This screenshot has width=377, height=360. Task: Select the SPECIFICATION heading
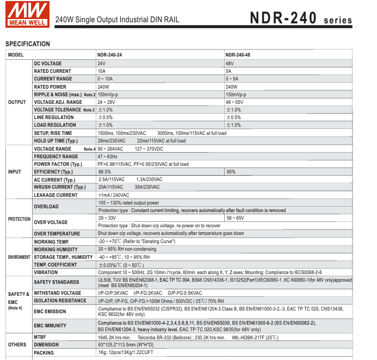27,44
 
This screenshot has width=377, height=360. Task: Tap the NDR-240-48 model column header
238,55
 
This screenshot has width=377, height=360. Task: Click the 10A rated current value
101,71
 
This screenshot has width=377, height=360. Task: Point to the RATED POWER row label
50,87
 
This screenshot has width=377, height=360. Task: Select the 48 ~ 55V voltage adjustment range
235,102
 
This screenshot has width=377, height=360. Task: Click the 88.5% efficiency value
104,172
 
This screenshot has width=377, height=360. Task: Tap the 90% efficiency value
231,172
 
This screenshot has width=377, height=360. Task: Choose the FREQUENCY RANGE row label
55,157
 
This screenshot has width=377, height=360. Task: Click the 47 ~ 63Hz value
108,157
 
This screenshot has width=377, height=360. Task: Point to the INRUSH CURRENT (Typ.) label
60,187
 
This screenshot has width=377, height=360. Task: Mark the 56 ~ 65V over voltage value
235,218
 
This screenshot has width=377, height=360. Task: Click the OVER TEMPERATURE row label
57,234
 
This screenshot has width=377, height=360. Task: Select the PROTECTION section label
19,219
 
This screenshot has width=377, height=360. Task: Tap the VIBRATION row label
46,272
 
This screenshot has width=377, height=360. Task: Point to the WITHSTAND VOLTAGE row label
57,293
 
